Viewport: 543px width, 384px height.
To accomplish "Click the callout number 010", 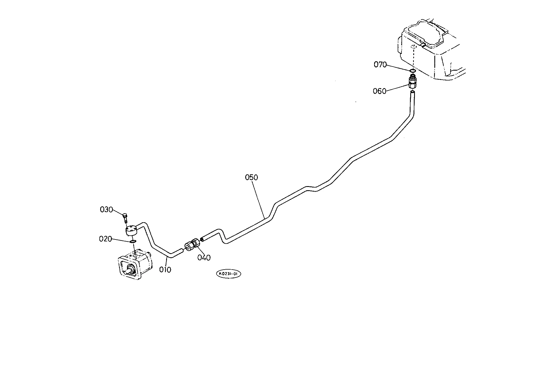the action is [x=165, y=270].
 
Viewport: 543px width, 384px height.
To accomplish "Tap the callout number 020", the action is [x=105, y=239].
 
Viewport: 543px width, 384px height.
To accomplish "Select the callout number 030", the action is [x=106, y=210].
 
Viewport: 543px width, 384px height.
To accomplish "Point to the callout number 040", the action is [x=204, y=258].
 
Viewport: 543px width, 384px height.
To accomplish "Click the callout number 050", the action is [x=251, y=177].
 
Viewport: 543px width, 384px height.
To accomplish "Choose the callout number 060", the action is [x=379, y=91].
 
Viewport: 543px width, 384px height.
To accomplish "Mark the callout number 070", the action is [x=380, y=65].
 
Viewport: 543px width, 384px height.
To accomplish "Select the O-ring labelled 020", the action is [x=133, y=242].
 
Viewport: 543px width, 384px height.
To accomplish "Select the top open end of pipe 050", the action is [x=412, y=93].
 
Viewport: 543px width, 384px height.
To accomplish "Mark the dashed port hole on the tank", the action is [x=414, y=47].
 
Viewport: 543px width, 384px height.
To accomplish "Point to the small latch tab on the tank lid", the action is [x=423, y=45].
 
